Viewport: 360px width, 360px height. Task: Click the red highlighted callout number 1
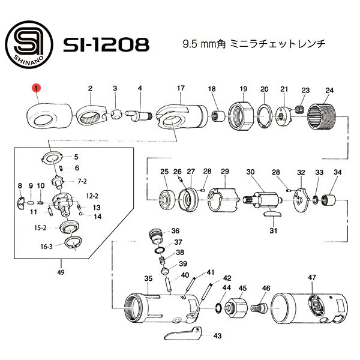point(36,88)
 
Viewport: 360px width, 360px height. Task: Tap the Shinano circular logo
point(29,45)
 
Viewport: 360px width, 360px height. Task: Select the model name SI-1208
point(106,44)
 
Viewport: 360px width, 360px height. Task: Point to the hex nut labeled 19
point(241,116)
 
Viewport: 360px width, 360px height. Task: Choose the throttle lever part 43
point(183,333)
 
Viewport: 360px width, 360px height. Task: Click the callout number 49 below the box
point(61,272)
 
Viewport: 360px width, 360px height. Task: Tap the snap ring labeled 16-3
point(73,244)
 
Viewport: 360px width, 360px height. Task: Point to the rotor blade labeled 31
point(272,214)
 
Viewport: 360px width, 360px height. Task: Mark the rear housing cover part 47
point(309,308)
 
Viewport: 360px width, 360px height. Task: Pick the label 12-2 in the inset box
point(92,196)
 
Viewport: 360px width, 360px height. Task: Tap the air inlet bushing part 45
point(236,308)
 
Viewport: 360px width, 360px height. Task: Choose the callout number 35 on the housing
point(149,278)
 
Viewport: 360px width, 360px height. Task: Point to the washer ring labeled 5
point(53,157)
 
